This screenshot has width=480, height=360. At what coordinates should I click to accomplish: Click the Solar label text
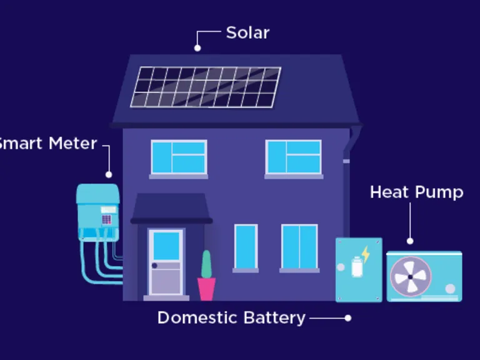pos(247,32)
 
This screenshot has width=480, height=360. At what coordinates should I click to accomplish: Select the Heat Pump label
pos(416,192)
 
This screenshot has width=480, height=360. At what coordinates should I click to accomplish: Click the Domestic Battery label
pos(231,317)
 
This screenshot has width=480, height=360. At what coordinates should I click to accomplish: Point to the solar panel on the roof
pos(206,86)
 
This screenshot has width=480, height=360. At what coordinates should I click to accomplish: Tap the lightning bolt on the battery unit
pos(366,254)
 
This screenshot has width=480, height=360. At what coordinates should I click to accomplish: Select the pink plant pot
pos(206,289)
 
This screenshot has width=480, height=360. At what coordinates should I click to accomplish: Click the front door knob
pos(154,266)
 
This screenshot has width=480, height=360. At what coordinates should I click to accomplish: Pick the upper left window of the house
pos(179,157)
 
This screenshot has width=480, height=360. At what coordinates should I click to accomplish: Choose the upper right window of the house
pos(293,157)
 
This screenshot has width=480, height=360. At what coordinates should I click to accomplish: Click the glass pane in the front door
pos(166,245)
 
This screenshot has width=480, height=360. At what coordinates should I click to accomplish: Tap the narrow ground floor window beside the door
pos(246,246)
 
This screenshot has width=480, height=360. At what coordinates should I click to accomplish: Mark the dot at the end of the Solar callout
pos(197,47)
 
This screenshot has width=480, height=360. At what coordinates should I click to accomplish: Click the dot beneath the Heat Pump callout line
pos(410,241)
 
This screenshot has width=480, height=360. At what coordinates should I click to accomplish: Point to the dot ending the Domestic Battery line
pos(348,317)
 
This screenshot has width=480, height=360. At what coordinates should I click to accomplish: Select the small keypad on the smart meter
pos(107,219)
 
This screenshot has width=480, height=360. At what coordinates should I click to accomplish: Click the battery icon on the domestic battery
pos(357,268)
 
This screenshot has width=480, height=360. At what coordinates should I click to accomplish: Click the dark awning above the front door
pos(171,209)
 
